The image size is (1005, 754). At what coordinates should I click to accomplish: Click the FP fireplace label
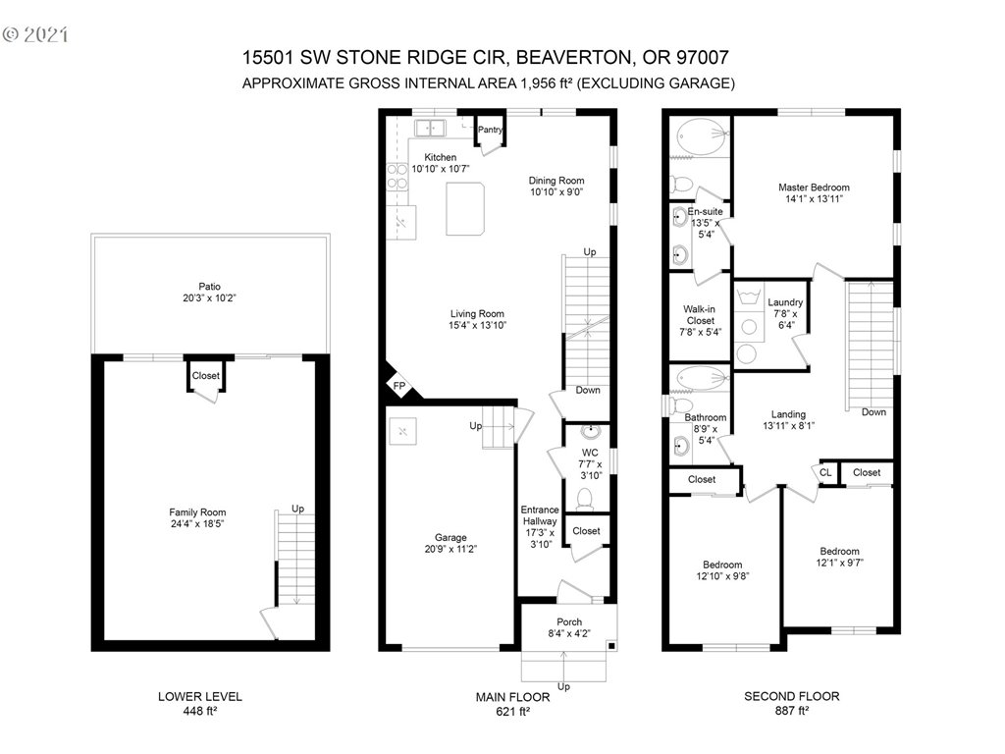[x=399, y=386]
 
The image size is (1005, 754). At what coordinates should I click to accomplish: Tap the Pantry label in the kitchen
[x=491, y=130]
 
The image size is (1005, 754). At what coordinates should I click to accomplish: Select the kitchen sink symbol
[x=430, y=129]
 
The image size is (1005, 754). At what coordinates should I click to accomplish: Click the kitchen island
[x=465, y=209]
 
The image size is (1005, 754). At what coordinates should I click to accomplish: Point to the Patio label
[x=210, y=287]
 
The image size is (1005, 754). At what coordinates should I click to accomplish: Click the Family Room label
[x=197, y=512]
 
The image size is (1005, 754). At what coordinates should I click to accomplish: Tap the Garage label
[x=450, y=537]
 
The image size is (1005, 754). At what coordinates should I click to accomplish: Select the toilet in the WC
[x=585, y=498]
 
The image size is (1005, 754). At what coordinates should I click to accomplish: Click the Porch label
[x=569, y=621]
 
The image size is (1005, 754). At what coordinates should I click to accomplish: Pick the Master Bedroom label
[x=814, y=188]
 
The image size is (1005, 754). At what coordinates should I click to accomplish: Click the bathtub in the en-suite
[x=703, y=136]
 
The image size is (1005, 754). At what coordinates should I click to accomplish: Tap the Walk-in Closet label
[x=700, y=315]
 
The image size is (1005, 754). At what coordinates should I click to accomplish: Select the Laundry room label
[x=785, y=302]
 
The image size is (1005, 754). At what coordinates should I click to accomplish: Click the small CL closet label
[x=825, y=472]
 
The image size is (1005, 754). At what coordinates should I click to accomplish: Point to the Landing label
[x=788, y=414]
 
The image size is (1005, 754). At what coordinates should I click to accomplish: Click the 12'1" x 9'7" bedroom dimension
[x=840, y=563]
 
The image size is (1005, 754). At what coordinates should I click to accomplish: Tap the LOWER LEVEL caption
[x=200, y=696]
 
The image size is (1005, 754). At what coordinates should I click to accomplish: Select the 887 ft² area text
[x=792, y=711]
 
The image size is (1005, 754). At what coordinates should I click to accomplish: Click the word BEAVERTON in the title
[x=573, y=58]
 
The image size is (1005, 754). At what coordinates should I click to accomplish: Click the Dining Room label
[x=556, y=181]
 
